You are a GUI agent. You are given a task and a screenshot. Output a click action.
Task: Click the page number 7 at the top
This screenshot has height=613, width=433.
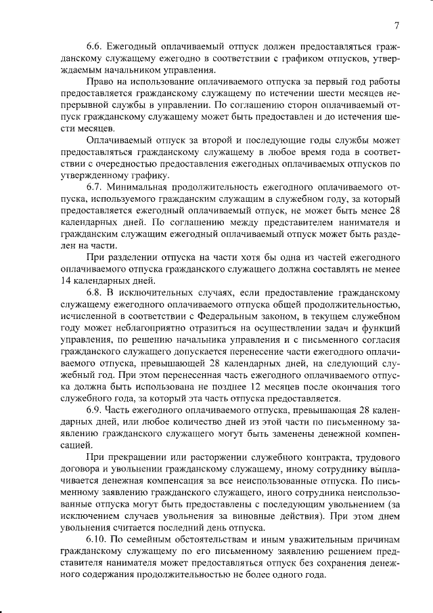tap(397, 26)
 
